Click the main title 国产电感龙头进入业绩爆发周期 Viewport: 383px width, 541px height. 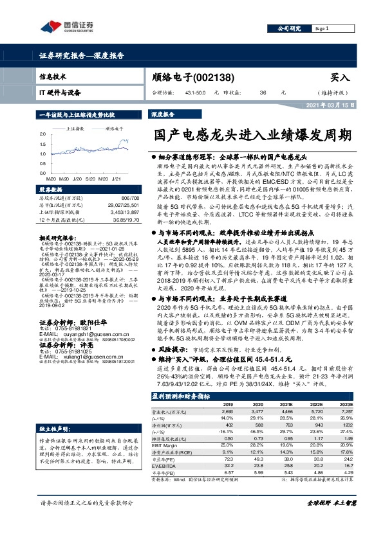252,136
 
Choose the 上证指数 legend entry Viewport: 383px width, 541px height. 78,129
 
